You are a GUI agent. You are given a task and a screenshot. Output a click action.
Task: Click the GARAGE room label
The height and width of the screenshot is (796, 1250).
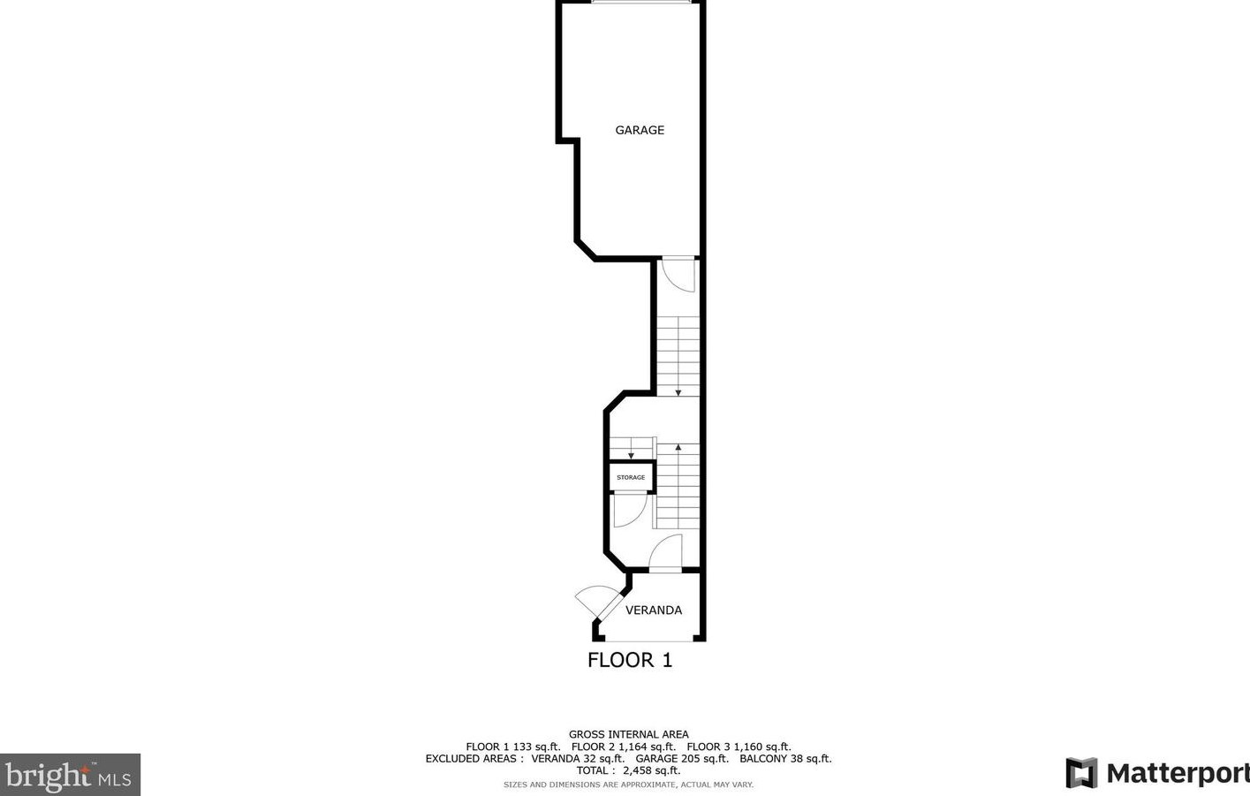[x=640, y=130]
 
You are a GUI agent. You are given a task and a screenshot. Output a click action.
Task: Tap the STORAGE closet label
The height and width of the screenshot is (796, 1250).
[x=631, y=477]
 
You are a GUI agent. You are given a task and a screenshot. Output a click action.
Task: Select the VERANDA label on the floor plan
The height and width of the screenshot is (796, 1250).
[x=654, y=610]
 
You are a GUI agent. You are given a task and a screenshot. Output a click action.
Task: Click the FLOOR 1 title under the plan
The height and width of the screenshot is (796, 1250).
[x=630, y=660]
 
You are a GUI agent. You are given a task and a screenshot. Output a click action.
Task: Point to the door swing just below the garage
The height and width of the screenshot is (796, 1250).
[x=678, y=274]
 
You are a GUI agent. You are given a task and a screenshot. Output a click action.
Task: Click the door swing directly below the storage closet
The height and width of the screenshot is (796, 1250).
[x=629, y=510]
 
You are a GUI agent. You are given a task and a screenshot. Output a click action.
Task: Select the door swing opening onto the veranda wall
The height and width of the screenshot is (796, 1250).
[x=667, y=554]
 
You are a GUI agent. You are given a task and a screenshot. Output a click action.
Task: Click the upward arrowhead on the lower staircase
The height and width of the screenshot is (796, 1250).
[x=678, y=448]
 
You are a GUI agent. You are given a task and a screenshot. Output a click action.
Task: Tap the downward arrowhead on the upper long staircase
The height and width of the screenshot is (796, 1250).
[x=678, y=391]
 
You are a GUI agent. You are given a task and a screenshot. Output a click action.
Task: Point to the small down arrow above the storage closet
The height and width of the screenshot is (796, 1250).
[x=631, y=455]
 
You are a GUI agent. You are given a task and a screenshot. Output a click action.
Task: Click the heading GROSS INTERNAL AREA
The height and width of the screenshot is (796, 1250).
[x=628, y=734]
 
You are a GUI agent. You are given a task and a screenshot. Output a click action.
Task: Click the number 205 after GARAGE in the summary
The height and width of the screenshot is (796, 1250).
[x=690, y=758]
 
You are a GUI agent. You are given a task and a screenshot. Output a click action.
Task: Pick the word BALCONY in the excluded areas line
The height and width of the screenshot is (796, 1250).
[x=762, y=758]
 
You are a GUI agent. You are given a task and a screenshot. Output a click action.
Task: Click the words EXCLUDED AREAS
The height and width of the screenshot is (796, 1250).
[x=470, y=758]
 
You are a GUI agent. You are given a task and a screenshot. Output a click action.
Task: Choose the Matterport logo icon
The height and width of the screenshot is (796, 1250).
[x=1081, y=773]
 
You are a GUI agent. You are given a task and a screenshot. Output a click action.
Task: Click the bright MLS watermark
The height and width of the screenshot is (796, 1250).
[x=70, y=776]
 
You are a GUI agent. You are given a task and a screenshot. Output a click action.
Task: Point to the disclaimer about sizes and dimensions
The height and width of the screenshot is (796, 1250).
[x=628, y=785]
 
